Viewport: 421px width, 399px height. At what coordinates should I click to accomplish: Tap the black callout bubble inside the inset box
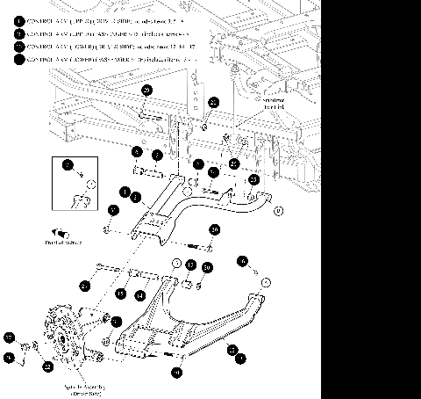(68, 164)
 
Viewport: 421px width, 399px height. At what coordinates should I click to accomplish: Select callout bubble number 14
(139, 296)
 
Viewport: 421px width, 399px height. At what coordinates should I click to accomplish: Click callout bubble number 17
(189, 265)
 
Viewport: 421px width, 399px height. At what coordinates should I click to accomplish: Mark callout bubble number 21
(85, 285)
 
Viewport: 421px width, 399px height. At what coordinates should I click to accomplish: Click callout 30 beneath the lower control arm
(176, 373)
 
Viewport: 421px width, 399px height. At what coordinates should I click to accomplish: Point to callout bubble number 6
(244, 260)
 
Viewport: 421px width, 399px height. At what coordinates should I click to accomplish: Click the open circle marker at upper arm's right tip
(278, 211)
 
